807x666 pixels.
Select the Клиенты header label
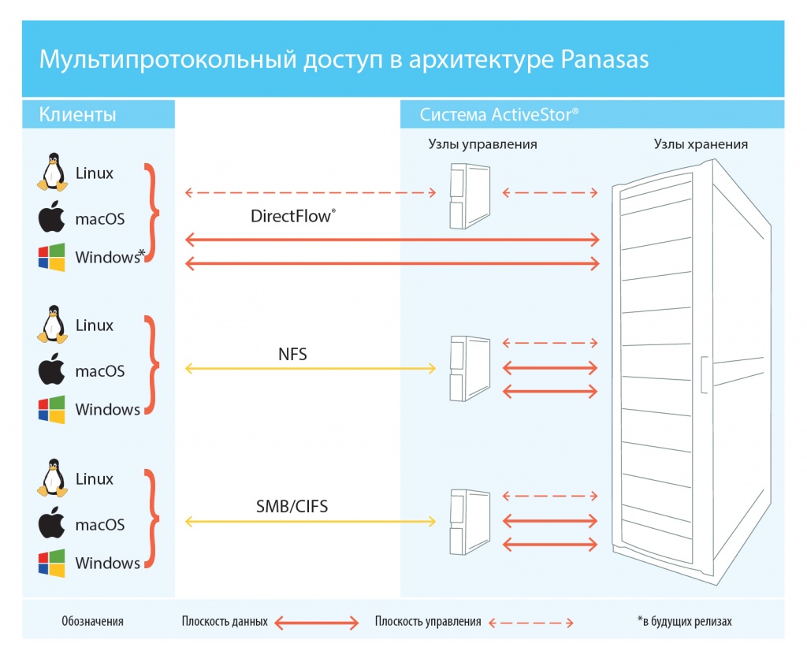coord(78,115)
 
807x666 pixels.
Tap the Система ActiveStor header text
coord(499,115)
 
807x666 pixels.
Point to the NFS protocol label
coord(292,355)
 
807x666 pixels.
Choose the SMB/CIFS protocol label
coord(292,507)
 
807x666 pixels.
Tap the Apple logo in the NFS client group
coord(51,370)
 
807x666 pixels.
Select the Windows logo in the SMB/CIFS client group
coord(51,563)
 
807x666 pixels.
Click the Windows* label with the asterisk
coord(110,257)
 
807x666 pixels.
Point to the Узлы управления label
coord(482,144)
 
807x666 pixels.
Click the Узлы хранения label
coord(701,144)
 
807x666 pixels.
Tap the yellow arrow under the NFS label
coord(311,368)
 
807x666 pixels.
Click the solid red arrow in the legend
coord(316,623)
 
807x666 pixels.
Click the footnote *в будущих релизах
coord(684,622)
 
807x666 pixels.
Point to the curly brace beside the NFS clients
coord(151,365)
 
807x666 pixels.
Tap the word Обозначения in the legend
coord(92,622)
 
